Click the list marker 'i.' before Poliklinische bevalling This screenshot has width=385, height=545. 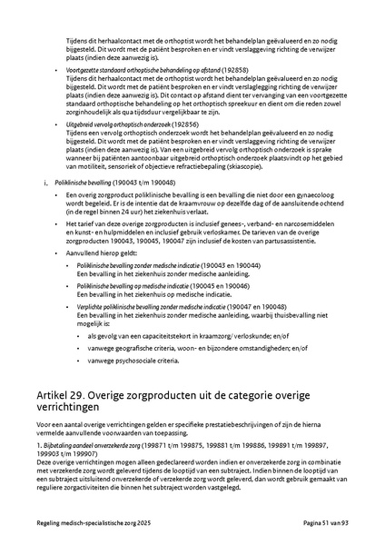point(46,182)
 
